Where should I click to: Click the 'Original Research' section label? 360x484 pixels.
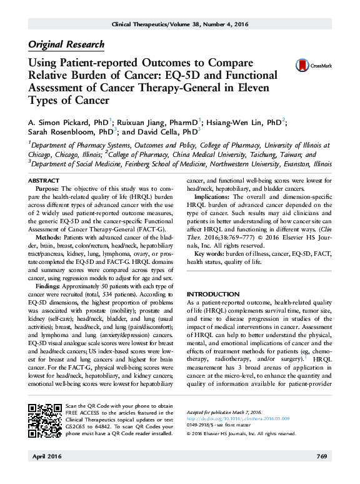click(x=66, y=44)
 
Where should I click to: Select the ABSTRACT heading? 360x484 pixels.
click(x=44, y=180)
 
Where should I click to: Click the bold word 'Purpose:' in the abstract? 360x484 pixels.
click(x=48, y=188)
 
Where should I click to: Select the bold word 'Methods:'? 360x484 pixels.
click(x=49, y=238)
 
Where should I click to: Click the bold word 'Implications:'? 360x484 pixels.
click(x=212, y=196)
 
